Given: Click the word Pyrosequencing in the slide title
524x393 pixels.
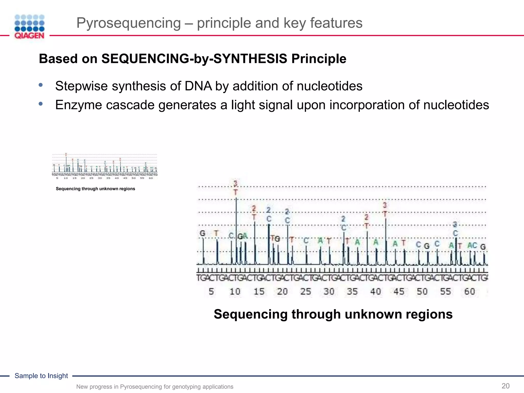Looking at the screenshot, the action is coord(128,23).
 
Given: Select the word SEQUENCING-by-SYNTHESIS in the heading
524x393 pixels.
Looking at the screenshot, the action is coord(194,59).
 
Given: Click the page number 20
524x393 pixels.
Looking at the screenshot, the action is coord(505,386).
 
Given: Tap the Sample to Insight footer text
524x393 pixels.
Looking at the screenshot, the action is coord(41,376).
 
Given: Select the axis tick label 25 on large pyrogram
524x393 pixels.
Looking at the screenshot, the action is coord(305,291).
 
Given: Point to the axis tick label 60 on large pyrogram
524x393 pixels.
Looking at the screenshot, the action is coord(470,291).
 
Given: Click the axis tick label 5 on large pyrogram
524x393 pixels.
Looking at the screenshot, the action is coord(211,291).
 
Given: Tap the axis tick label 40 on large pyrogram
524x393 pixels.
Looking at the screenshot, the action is coord(376,291).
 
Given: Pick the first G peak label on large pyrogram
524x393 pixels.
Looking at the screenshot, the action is coord(202,233).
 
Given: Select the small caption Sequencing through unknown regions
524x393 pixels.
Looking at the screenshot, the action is coord(95,189).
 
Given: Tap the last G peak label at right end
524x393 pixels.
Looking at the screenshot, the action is coord(483,247).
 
